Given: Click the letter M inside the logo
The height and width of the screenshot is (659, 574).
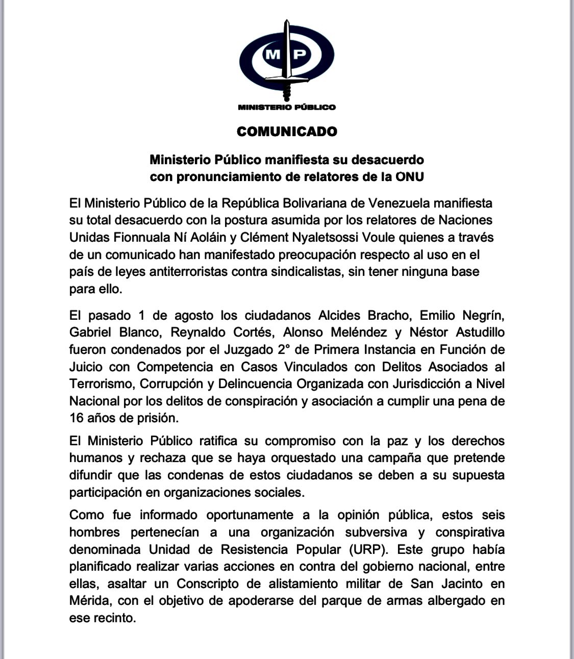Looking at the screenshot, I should tap(273, 54).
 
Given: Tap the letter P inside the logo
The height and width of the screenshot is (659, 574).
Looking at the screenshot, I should tap(300, 54).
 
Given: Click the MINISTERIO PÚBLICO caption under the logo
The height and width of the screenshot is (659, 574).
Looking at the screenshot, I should tap(287, 107).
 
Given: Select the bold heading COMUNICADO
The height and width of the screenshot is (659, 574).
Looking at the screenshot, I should tap(287, 132).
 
